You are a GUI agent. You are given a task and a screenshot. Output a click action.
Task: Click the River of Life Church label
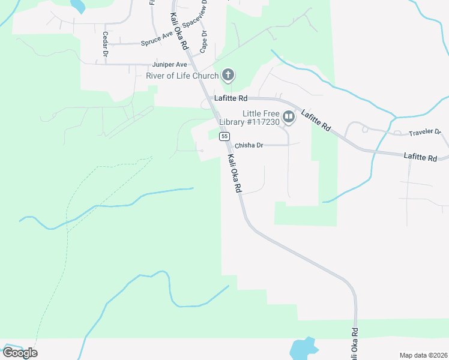pyautogui.click(x=182, y=76)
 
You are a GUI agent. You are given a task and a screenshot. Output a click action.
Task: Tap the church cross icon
pyautogui.click(x=228, y=76)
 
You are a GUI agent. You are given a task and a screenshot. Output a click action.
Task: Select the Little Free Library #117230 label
pyautogui.click(x=262, y=118)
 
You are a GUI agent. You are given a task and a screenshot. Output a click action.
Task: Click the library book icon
pyautogui.click(x=289, y=116)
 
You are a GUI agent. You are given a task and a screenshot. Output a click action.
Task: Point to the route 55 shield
pyautogui.click(x=224, y=137)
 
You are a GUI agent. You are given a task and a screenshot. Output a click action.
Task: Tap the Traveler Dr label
pyautogui.click(x=425, y=132)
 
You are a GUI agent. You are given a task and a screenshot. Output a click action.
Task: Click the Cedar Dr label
pyautogui.click(x=105, y=44)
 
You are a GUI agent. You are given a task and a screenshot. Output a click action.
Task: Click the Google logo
pyautogui.click(x=20, y=353)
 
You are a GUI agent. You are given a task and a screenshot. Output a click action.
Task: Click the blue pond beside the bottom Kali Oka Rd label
pyautogui.click(x=303, y=348)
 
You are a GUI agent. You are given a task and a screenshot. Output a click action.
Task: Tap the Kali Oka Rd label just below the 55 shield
pyautogui.click(x=234, y=174)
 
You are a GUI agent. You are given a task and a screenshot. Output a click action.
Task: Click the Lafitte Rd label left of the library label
pyautogui.click(x=231, y=98)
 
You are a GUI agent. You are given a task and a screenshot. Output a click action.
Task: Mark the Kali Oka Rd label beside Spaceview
pyautogui.click(x=178, y=31)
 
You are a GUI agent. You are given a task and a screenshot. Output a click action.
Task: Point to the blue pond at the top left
pyautogui.click(x=77, y=6)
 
